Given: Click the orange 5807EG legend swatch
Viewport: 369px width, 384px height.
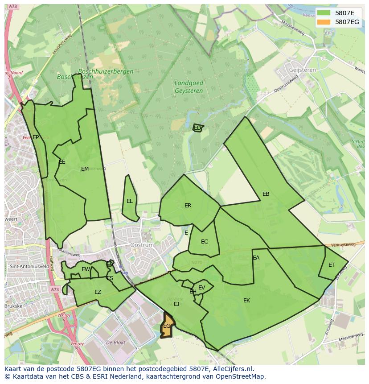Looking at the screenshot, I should tap(324, 22).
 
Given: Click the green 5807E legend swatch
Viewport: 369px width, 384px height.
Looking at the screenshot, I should tap(324, 13).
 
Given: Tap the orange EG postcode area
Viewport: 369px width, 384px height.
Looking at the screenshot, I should tap(167, 326).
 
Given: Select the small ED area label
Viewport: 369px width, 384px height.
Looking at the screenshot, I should tap(197, 128).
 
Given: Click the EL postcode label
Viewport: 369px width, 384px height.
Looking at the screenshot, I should tap(130, 201).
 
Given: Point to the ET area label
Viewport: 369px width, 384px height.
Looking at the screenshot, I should tap(332, 265).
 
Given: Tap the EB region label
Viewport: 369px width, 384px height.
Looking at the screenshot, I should tap(266, 194).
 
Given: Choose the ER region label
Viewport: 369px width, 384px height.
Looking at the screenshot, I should tap(188, 206).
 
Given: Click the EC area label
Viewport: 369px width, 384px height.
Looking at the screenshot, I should tap(205, 242).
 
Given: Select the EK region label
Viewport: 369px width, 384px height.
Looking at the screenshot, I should tap(247, 301).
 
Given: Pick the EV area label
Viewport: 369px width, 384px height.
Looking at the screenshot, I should tap(202, 288).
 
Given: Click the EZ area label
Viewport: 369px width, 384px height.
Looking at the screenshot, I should tap(98, 292).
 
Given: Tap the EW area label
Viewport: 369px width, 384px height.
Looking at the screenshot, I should tap(86, 269).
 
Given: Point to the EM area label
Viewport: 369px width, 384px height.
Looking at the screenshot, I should tap(85, 169).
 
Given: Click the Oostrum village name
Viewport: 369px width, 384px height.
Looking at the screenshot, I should tap(142, 245).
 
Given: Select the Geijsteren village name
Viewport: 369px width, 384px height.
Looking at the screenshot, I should tap(290, 70).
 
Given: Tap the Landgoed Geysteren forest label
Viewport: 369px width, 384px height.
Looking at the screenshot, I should tap(189, 87).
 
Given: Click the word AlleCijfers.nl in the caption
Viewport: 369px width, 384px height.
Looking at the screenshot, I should tap(231, 369).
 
